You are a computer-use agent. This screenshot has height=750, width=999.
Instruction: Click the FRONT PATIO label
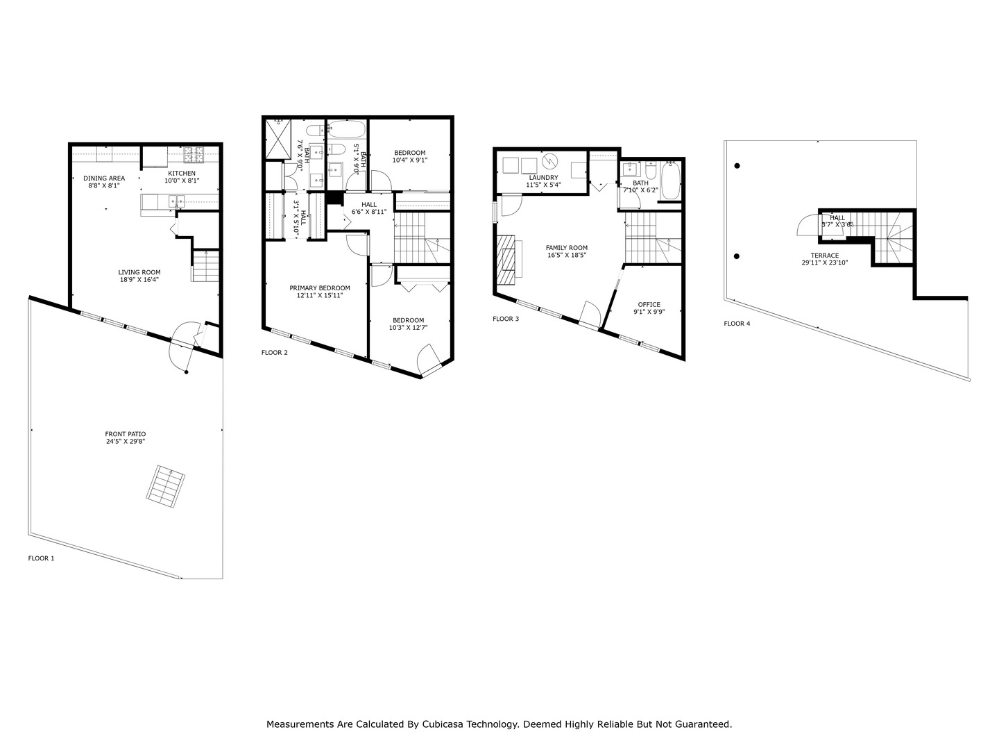[x=126, y=434]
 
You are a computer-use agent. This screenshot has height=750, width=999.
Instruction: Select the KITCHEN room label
[x=180, y=174]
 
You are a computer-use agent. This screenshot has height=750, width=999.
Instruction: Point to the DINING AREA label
[x=104, y=178]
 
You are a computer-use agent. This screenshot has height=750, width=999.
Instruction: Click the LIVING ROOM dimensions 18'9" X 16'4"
[x=139, y=280]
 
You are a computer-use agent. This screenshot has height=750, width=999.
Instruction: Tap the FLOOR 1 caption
[x=41, y=558]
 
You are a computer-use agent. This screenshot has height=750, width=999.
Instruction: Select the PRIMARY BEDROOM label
[x=320, y=288]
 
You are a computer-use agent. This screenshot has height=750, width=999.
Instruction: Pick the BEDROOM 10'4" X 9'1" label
[x=410, y=153]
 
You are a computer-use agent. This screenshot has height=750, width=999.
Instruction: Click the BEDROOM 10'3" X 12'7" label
[x=408, y=320]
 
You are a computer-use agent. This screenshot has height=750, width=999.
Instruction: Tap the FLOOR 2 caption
[x=275, y=353]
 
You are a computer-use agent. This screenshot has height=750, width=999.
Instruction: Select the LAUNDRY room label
[x=543, y=178]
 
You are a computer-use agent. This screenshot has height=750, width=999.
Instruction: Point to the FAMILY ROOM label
[x=567, y=248]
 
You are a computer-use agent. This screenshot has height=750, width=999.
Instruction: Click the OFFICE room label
[x=649, y=305]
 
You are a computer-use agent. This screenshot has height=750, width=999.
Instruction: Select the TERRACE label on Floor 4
[x=825, y=256]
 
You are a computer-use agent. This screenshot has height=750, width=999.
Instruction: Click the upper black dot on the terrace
[x=737, y=166]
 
